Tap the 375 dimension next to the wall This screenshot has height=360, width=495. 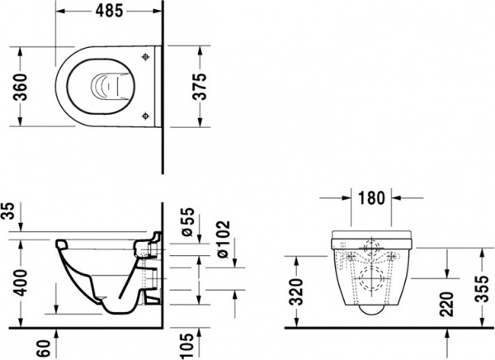[x=208, y=85]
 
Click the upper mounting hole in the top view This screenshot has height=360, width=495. [x=145, y=56]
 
